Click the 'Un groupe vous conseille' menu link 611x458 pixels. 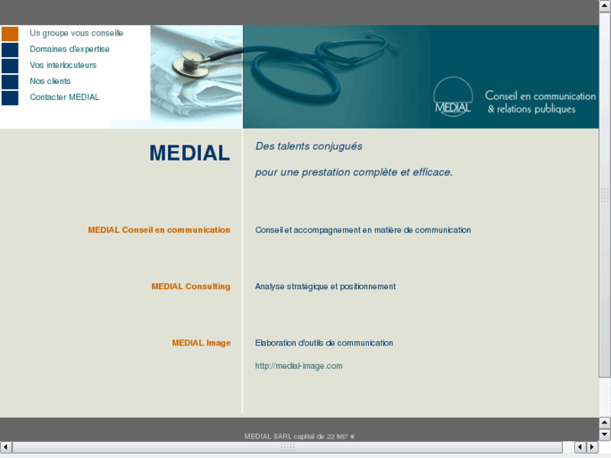[76, 34]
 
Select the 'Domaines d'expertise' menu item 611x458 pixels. [70, 50]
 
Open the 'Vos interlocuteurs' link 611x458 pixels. [63, 66]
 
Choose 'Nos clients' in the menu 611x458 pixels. [50, 82]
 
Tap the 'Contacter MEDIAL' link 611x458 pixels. [65, 97]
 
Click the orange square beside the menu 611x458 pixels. [10, 34]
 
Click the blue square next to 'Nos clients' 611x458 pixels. [10, 82]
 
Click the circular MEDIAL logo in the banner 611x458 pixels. [453, 97]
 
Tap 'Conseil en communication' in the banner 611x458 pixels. [540, 97]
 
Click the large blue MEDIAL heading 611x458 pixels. [189, 153]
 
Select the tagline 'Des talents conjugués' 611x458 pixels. [308, 146]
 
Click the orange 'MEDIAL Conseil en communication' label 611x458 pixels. [159, 230]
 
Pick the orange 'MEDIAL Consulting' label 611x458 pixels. [191, 287]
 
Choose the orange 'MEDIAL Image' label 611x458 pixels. [201, 343]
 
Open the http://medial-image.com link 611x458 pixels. [298, 366]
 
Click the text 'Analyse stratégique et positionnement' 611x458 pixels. [325, 287]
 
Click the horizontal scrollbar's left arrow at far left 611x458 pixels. [6, 446]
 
